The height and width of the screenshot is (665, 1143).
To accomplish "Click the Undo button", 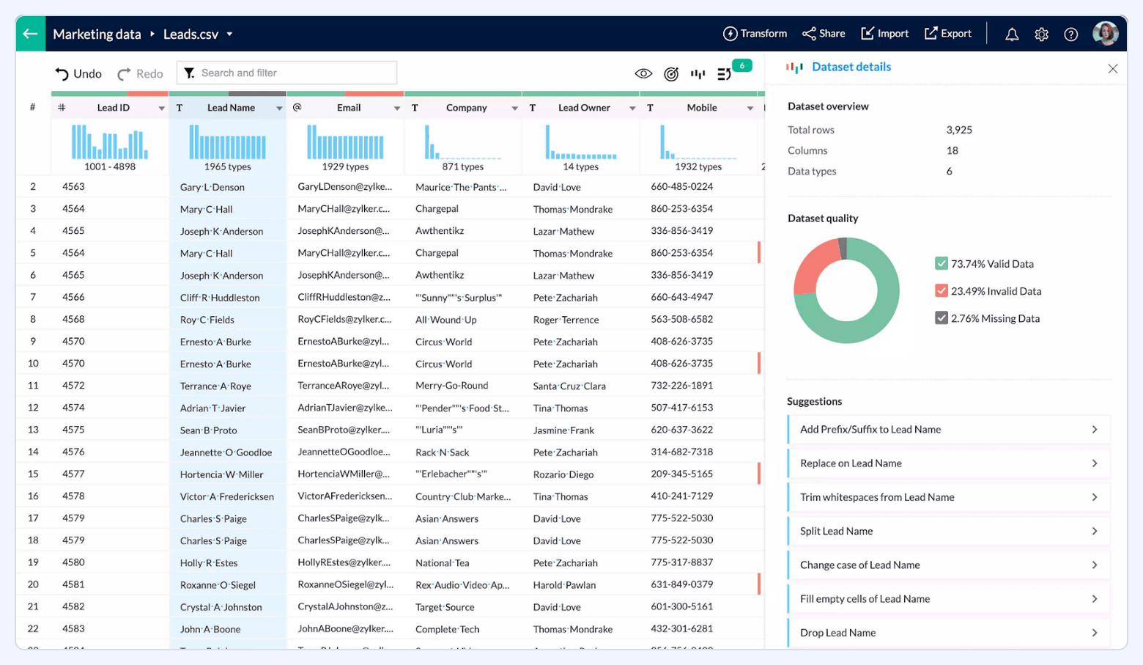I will click(78, 73).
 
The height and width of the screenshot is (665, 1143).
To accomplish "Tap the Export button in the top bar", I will click(948, 34).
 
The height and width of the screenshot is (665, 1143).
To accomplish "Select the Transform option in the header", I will click(755, 34).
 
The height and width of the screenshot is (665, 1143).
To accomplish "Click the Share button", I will click(824, 34).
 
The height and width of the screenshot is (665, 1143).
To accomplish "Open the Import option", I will click(884, 34).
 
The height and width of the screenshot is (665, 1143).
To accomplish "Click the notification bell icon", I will click(1012, 34).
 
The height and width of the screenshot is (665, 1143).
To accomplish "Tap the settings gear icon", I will click(1041, 34).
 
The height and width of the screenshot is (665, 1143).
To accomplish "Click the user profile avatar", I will click(1105, 34).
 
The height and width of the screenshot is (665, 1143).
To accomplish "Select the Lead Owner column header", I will click(584, 108).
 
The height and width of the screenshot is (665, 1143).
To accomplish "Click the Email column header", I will click(349, 108).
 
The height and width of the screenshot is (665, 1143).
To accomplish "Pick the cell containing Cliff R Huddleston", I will click(220, 298).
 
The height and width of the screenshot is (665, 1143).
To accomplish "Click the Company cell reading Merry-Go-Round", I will click(451, 386).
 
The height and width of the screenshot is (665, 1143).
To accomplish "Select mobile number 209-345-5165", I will click(681, 474).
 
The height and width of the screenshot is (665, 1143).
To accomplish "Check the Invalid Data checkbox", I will click(942, 291).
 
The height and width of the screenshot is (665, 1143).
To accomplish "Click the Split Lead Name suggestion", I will click(948, 531).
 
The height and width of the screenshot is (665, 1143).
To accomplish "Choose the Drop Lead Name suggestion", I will click(948, 633).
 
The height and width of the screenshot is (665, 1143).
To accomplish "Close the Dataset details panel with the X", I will click(1112, 68).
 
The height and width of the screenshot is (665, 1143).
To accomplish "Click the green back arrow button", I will click(30, 34).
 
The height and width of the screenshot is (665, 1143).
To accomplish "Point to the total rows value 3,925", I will click(958, 130).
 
